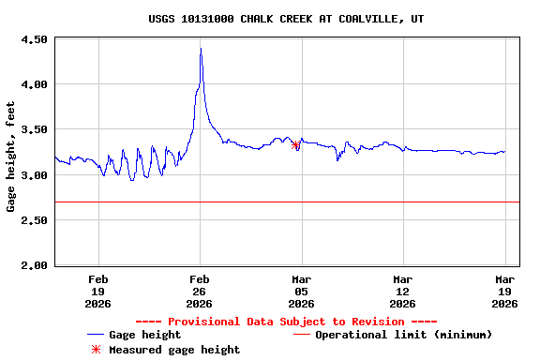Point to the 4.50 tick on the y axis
coord(34,39)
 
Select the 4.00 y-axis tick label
coord(34,84)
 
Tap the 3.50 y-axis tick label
coord(34,129)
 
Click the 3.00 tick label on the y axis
coord(34,175)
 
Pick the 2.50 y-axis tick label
coord(34,220)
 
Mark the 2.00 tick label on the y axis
coord(34,265)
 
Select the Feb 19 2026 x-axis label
coord(98,291)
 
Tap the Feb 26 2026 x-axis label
coord(200,291)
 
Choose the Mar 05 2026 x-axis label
coord(301,291)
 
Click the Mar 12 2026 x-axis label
coord(402,291)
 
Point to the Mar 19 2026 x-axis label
coord(504,291)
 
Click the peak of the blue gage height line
coord(201,49)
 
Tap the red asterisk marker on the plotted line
coord(296,144)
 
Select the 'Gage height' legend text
coord(144,335)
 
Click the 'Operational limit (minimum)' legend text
coord(403,335)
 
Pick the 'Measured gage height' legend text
coord(174,350)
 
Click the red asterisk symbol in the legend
coord(95,350)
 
